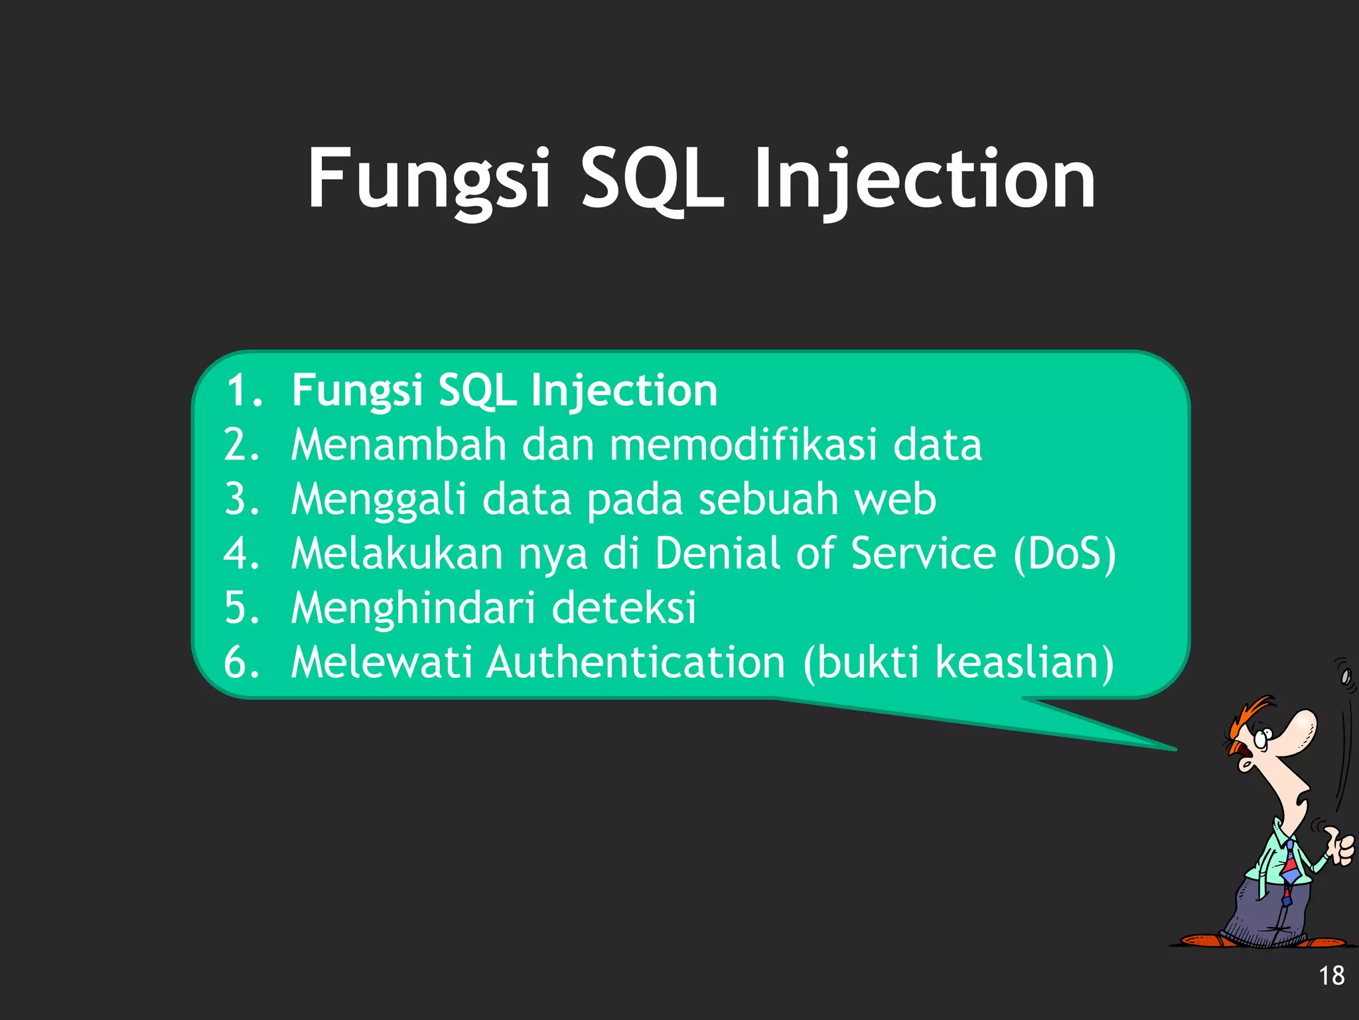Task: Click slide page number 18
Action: point(1330,976)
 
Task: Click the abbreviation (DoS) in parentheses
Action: point(1064,554)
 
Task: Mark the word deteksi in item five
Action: point(624,607)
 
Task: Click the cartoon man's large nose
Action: point(1295,730)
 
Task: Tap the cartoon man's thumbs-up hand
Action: point(1340,847)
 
